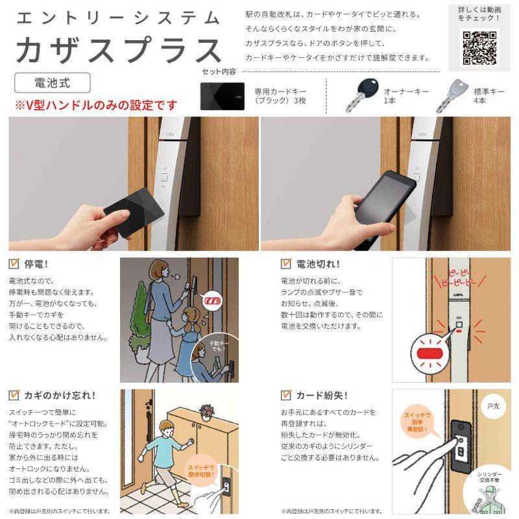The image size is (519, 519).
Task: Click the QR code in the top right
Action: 479,47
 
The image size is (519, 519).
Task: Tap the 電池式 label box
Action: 53,83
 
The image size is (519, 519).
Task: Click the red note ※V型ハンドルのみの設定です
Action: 96,104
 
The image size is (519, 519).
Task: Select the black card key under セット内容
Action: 222,96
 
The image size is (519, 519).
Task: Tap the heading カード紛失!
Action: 322,394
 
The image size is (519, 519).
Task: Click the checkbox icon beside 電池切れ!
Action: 285,264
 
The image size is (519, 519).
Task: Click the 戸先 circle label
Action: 494,406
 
